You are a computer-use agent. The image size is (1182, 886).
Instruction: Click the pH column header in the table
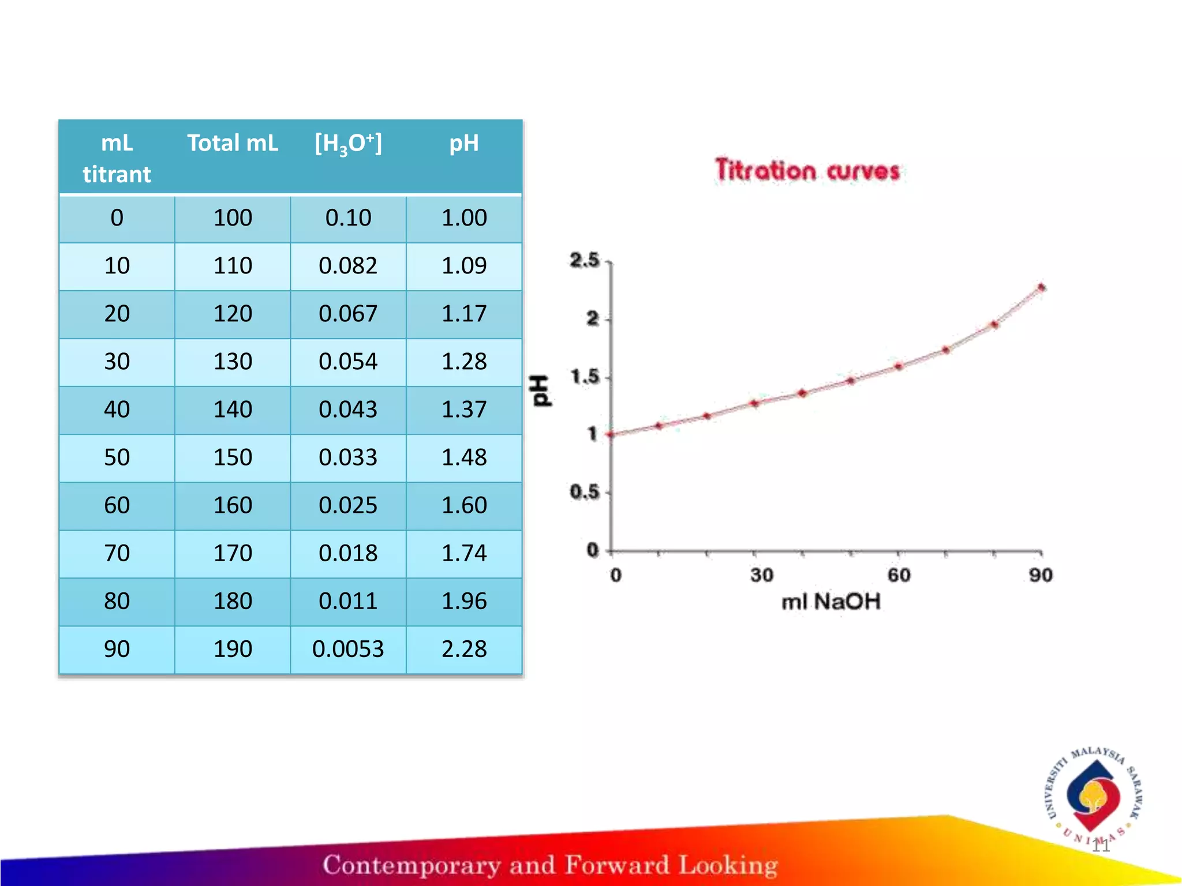point(464,143)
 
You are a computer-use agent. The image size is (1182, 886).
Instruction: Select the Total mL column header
point(233,143)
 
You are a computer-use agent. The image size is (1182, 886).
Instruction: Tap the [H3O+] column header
point(348,143)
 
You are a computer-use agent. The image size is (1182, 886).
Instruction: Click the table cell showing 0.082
point(348,266)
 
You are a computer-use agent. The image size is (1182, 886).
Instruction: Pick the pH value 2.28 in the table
point(464,649)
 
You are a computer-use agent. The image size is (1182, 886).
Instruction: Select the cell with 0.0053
point(348,649)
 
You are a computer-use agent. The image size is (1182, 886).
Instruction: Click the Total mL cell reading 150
point(233,457)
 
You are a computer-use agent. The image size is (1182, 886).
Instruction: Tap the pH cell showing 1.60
point(464,505)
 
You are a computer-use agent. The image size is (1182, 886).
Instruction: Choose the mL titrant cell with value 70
point(117,553)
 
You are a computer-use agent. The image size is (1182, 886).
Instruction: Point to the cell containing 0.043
point(348,410)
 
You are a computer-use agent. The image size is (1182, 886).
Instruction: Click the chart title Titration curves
point(807,171)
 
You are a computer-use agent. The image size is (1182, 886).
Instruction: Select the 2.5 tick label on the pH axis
point(585,261)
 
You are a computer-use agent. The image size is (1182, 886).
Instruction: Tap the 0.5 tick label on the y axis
point(585,492)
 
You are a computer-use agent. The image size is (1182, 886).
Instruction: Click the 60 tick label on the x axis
point(899,575)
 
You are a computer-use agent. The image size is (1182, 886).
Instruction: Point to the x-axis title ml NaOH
point(831,602)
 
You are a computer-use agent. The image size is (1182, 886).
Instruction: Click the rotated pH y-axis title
point(541,391)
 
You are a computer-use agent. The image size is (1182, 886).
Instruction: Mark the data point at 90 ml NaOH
point(1041,287)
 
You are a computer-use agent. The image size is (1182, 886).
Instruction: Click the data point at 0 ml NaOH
point(612,434)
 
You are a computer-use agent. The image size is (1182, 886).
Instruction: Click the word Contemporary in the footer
point(411,865)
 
